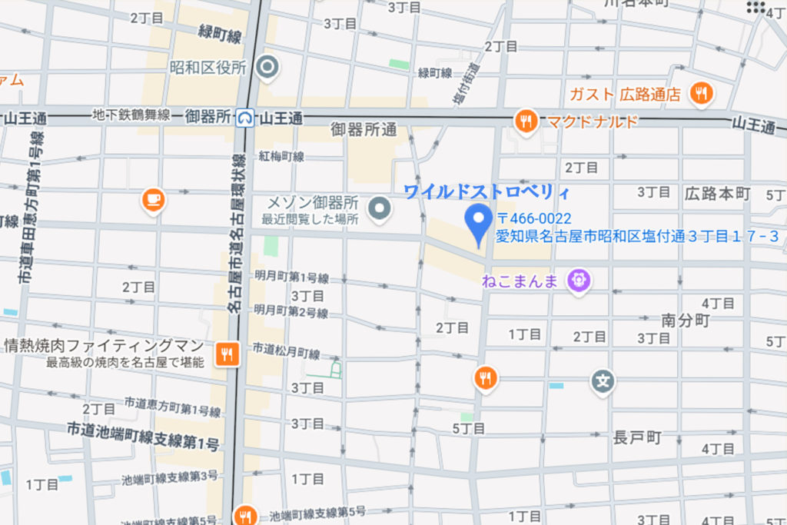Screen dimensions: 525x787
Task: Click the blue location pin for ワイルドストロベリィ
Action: [x=480, y=224]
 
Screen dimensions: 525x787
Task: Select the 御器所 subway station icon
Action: [x=245, y=117]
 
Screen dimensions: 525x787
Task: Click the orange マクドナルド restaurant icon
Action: [x=526, y=121]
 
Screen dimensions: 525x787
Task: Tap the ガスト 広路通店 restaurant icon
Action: [x=700, y=94]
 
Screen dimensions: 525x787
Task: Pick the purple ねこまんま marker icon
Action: [x=578, y=280]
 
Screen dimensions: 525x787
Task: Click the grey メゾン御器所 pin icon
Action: [x=377, y=208]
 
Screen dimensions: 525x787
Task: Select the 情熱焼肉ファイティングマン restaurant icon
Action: [x=227, y=354]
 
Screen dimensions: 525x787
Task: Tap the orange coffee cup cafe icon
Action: [x=154, y=200]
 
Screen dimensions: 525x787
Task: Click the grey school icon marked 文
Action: [x=603, y=380]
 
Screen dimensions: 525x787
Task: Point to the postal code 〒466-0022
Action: [x=533, y=219]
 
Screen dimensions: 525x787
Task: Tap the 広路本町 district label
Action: [x=717, y=193]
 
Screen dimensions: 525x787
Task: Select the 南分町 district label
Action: [x=686, y=321]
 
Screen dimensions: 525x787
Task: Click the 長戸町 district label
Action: [x=637, y=438]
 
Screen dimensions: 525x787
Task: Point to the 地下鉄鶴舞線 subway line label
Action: [x=131, y=115]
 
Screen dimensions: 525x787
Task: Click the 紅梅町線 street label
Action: [x=281, y=156]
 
